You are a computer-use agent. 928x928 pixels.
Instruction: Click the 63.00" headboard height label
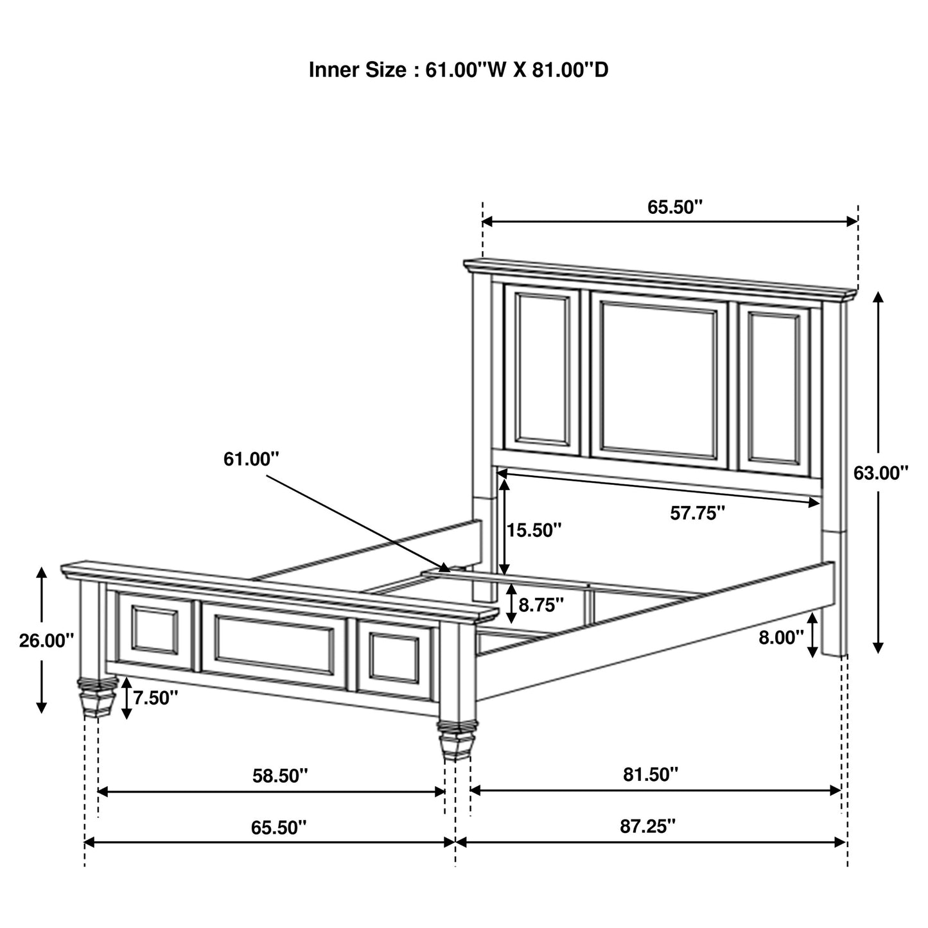point(880,473)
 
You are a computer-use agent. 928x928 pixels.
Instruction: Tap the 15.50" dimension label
point(534,530)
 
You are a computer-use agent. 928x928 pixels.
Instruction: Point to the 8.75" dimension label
point(541,604)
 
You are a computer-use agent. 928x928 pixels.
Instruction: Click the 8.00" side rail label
point(781,637)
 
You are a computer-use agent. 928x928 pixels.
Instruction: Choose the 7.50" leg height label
point(155,697)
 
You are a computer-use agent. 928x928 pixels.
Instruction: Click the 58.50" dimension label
point(280,776)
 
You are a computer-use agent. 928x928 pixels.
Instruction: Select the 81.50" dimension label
point(650,775)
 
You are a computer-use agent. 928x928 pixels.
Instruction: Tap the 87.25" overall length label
point(648,826)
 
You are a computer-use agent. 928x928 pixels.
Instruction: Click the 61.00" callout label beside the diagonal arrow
point(251,459)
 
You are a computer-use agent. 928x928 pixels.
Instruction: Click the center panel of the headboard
point(658,380)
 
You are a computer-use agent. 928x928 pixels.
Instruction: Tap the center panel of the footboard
point(274,645)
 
